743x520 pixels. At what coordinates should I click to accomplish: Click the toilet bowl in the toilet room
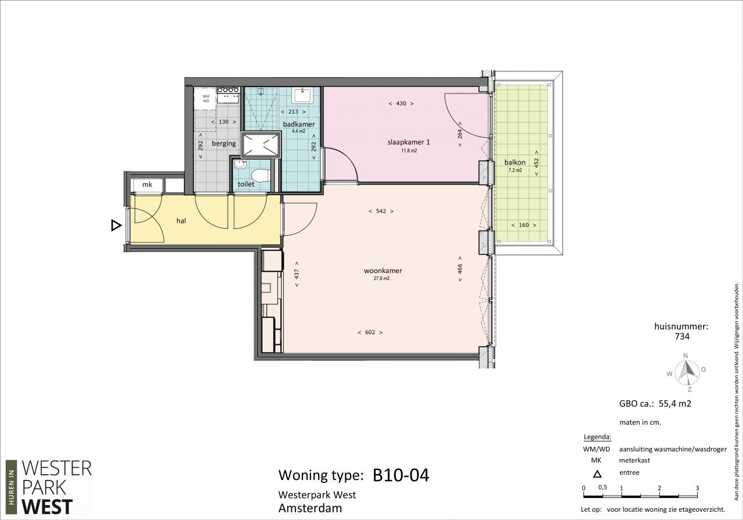[261, 175]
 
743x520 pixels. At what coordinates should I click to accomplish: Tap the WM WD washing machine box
[205, 99]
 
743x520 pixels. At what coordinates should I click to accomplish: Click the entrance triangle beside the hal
[116, 225]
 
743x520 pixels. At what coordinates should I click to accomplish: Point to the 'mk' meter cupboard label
[147, 184]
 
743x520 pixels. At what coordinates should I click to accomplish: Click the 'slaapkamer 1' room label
[409, 142]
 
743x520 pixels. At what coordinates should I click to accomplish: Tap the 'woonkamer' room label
[383, 271]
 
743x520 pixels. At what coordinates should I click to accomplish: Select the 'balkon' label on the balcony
[515, 162]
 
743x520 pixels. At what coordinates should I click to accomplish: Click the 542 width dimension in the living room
[381, 211]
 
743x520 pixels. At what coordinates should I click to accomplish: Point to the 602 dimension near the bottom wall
[370, 332]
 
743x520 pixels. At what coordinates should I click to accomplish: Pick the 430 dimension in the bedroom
[401, 103]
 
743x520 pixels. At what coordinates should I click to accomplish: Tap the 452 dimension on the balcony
[536, 163]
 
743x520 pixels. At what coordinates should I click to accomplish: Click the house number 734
[682, 336]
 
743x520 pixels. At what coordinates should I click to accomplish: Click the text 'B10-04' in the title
[401, 475]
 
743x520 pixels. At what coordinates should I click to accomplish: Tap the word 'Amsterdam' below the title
[310, 508]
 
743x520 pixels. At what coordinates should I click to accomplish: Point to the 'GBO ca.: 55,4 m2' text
[655, 403]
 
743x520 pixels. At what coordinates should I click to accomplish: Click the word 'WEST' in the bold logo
[47, 507]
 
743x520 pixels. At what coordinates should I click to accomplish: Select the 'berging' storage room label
[224, 144]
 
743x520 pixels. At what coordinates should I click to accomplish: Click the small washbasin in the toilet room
[239, 164]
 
